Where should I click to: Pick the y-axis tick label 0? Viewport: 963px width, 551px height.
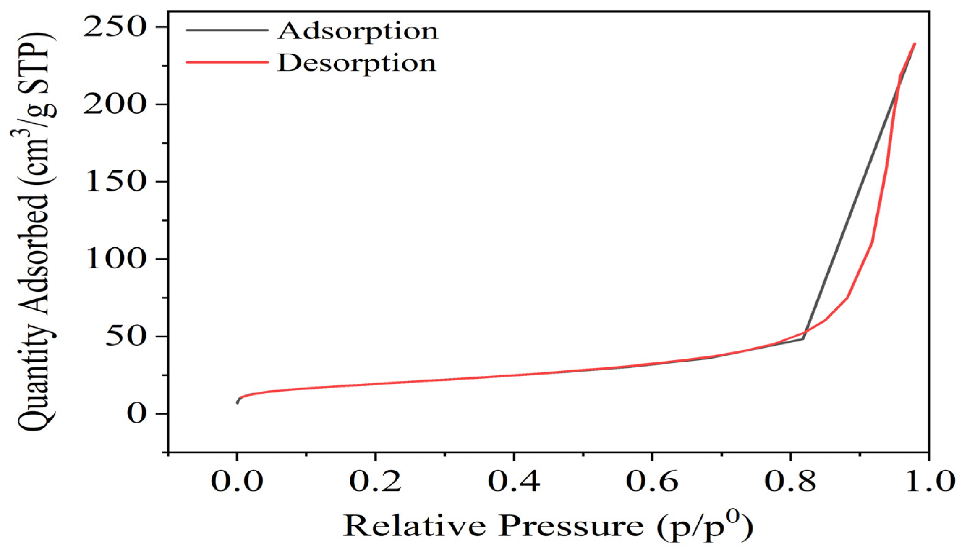coord(136,414)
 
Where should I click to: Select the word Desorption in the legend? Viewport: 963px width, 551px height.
coord(357,63)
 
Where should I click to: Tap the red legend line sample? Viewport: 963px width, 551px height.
coord(227,62)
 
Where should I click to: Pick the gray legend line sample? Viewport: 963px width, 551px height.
coord(227,29)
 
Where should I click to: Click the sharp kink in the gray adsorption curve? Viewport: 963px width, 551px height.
coord(803,339)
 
